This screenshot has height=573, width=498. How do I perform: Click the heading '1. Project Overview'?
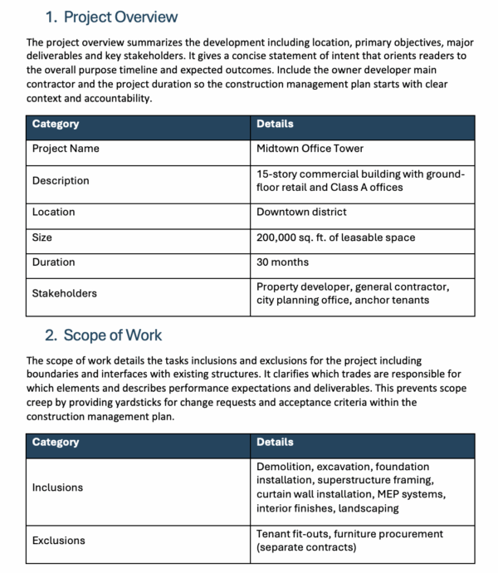[111, 17]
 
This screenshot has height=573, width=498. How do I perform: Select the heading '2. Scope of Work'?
[103, 335]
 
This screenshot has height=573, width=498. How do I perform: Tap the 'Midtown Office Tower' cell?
[310, 149]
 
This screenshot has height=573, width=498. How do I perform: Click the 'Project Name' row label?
[66, 149]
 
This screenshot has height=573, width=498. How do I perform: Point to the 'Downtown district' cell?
[301, 212]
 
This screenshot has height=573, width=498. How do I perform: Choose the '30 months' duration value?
[282, 262]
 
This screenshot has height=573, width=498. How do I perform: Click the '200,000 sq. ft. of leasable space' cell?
[335, 238]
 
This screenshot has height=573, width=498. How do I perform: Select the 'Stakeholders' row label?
[64, 293]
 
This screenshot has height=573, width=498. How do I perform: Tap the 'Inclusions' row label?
[57, 487]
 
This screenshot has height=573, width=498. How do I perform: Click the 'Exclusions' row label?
[58, 541]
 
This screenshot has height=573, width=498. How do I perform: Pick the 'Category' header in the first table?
[56, 124]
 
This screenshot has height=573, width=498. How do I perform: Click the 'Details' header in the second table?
[275, 442]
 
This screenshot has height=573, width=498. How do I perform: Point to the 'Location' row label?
[53, 212]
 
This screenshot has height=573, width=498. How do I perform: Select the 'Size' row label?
[42, 238]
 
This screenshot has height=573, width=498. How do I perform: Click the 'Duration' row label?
[53, 262]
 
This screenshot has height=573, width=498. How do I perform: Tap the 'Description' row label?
[61, 180]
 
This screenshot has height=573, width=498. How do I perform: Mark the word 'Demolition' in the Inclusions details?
[282, 467]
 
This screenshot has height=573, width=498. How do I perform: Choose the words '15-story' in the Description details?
[277, 174]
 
